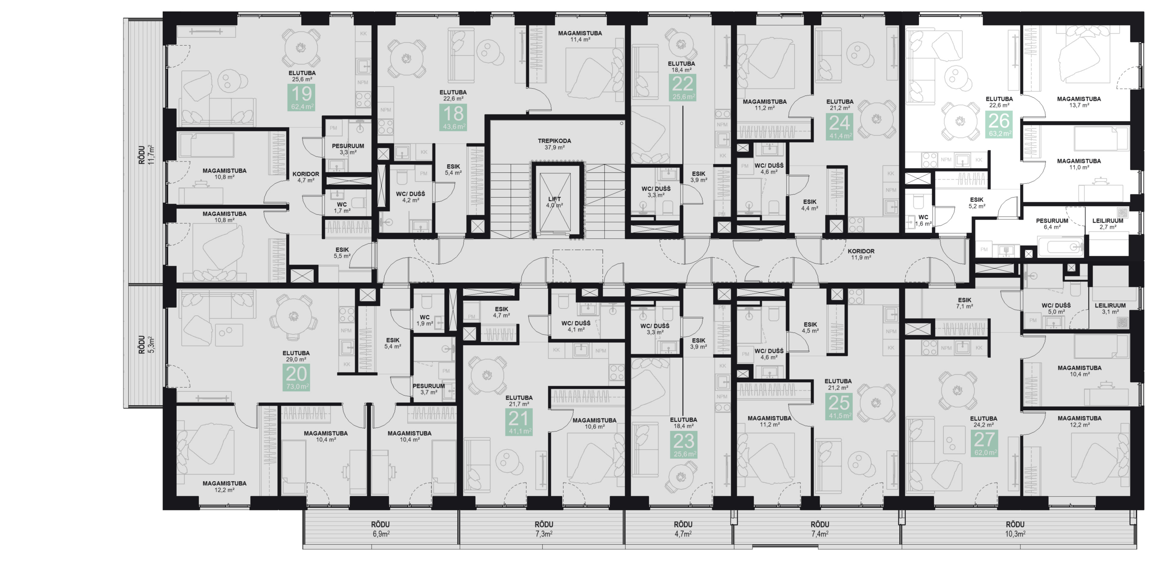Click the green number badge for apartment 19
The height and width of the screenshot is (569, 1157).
[301, 98]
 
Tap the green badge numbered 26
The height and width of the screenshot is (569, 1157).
[999, 124]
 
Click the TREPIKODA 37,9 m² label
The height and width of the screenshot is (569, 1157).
[554, 144]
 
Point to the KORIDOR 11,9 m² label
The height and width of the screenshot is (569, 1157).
[861, 254]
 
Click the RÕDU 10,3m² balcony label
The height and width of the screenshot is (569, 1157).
[1015, 528]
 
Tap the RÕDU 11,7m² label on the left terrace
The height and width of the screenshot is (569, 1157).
[146, 155]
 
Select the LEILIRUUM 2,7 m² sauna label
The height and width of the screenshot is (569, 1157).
[1107, 224]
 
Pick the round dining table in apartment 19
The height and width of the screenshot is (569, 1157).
[300, 48]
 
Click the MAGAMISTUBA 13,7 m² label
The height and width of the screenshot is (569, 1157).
[1078, 102]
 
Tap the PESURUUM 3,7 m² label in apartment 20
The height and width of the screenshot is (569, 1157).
[428, 389]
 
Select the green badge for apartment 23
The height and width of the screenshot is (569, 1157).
[684, 445]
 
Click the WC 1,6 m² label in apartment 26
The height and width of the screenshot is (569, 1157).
[923, 220]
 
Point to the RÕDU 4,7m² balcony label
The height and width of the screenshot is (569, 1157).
[683, 528]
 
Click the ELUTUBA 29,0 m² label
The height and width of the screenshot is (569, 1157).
[296, 356]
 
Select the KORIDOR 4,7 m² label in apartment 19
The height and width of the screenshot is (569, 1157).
[306, 177]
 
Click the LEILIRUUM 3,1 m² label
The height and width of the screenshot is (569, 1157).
[1110, 308]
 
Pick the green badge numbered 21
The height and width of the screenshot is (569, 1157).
[518, 422]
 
